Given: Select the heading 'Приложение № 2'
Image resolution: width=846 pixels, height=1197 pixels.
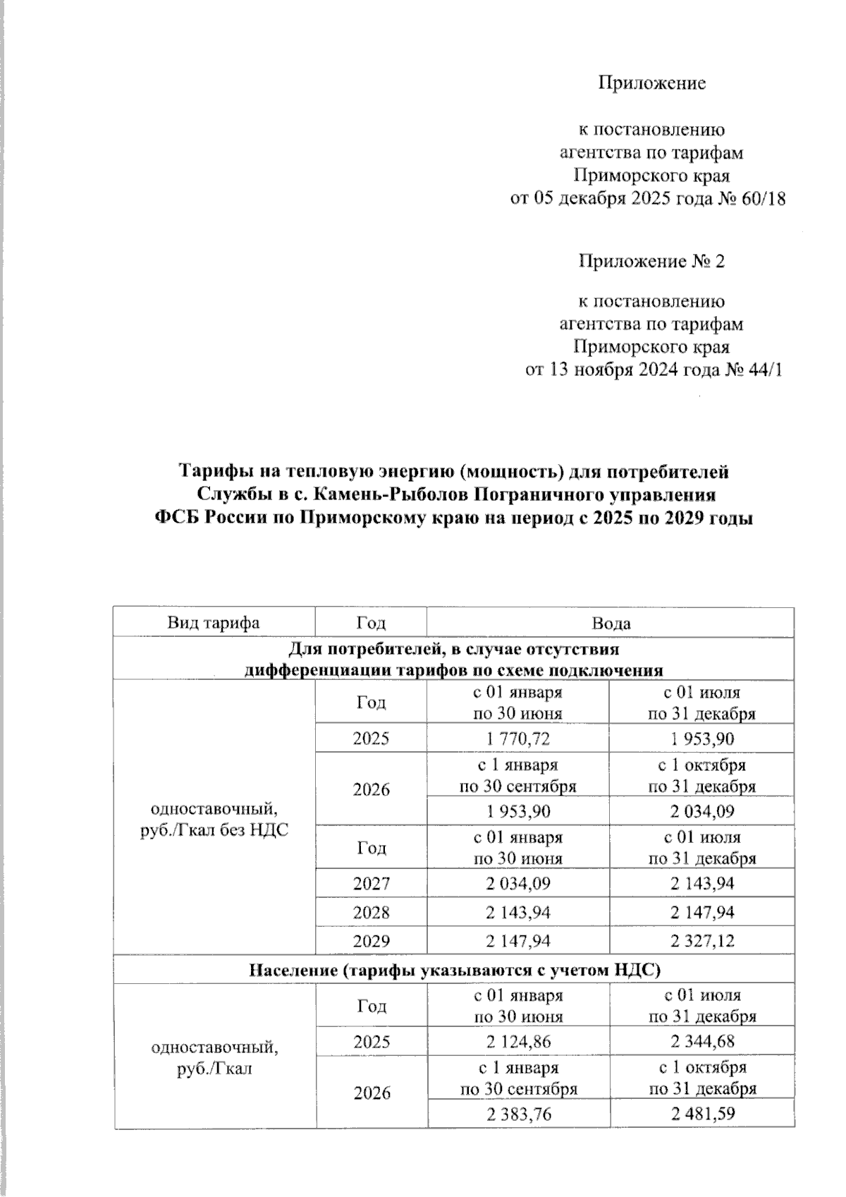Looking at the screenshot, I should coord(651,262).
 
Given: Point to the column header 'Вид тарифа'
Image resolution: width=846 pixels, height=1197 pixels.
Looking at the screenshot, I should coord(214,623).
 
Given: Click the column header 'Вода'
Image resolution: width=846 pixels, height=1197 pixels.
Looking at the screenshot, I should coord(611,623).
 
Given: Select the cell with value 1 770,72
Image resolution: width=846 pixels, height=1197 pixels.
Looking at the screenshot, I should coord(517,739).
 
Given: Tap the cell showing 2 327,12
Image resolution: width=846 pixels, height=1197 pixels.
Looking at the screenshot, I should coord(701,940).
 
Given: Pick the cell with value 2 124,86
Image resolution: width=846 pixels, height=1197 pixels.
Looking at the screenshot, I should coord(517,1041).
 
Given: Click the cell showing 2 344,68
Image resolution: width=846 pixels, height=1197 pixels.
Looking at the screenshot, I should coord(701,1041).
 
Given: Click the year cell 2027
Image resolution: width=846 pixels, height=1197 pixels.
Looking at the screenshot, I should coord(371,883).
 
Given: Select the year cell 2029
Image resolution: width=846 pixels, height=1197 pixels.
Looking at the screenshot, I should coord(371,940).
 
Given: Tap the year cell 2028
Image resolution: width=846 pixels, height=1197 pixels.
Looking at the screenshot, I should coord(371,912).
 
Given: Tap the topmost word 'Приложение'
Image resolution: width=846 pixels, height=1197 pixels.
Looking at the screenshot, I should coord(651,83).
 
